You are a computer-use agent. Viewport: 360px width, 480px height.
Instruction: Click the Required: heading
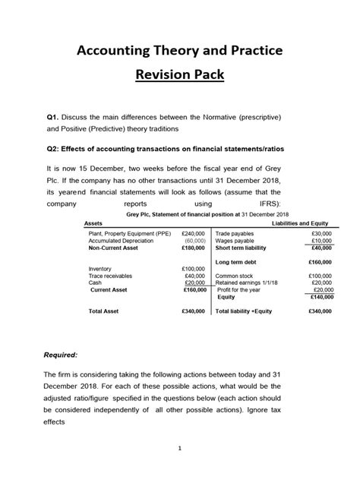(x=65, y=355)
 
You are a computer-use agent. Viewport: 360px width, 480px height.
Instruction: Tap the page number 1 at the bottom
(x=180, y=448)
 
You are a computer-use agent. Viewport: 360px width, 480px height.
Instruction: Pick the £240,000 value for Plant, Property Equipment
(x=194, y=234)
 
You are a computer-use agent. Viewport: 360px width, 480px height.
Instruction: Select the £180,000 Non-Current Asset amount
(x=194, y=248)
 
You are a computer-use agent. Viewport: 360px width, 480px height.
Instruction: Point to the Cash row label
(x=96, y=283)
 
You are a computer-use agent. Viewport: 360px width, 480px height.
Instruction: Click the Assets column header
(x=93, y=225)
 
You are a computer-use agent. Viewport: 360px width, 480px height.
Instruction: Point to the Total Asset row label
(x=106, y=311)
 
